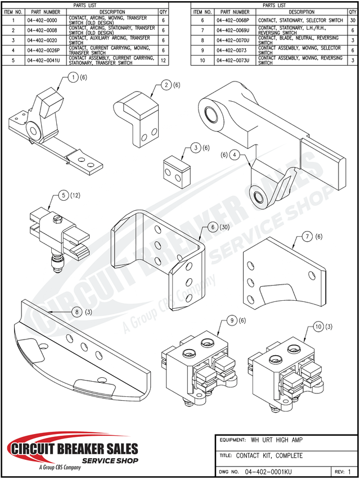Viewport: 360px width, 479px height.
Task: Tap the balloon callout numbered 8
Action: [x=77, y=312]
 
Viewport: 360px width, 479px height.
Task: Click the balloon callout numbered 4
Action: [x=234, y=154]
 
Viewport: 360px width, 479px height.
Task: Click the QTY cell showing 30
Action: [x=353, y=20]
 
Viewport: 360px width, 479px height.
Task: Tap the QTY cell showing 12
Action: [x=163, y=60]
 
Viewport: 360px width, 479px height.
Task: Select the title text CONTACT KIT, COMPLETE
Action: [x=269, y=455]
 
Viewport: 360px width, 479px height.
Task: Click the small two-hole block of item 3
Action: [x=175, y=171]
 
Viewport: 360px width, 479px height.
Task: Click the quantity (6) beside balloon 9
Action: [x=242, y=320]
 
